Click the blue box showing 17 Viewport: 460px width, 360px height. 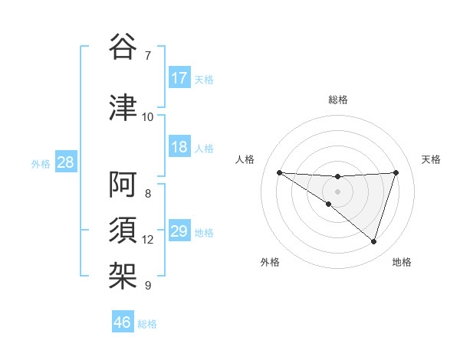point(179,78)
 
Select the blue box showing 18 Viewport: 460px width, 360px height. point(179,147)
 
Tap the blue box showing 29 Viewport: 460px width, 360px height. point(179,231)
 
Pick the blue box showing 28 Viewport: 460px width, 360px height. point(65,162)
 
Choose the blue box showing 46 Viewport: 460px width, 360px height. point(123,322)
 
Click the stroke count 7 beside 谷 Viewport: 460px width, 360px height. point(148,55)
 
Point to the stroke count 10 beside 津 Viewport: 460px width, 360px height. point(148,116)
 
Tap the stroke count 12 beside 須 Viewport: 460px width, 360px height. point(148,240)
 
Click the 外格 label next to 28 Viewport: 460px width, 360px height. point(41,163)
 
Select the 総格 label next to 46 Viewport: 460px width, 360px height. point(147,324)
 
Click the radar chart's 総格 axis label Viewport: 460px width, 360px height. point(338,100)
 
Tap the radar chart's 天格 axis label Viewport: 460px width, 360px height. point(432,159)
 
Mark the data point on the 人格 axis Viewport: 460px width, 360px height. point(279,172)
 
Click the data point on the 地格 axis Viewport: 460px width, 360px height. point(373,241)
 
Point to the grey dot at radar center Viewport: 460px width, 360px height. point(337,191)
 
